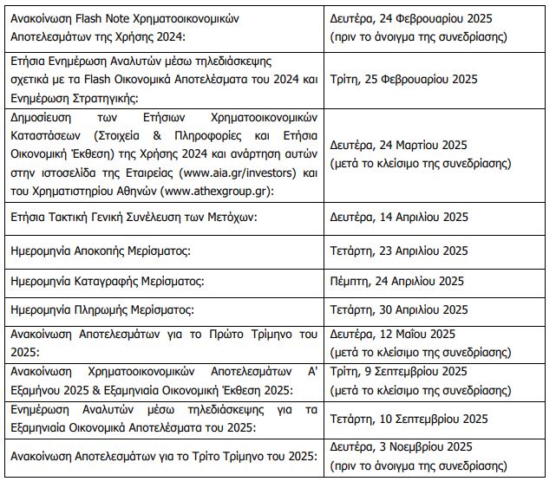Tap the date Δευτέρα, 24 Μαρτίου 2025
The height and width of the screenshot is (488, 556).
pos(399,145)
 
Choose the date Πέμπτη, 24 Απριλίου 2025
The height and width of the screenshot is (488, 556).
pos(397,281)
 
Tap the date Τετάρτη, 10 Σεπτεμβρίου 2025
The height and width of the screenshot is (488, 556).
pos(409,419)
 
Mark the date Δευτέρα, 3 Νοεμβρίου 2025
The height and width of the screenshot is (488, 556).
pos(401,447)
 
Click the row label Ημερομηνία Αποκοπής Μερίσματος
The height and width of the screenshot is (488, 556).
pos(101,251)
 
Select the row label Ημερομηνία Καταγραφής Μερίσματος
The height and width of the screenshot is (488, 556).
pos(105,281)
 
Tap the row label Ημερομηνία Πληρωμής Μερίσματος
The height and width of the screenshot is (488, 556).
pos(101,309)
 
